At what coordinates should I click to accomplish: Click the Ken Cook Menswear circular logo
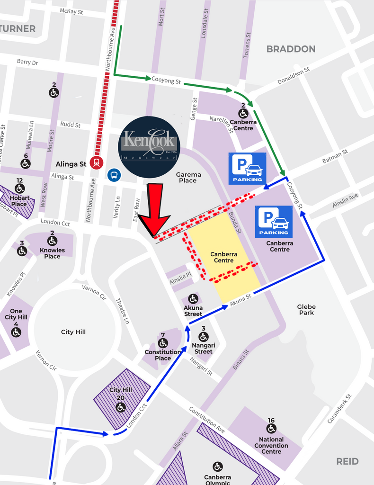coord(150,147)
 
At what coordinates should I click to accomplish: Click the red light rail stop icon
coord(97,163)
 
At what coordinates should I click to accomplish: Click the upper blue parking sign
coord(247,168)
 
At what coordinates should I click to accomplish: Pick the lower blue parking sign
coord(274,221)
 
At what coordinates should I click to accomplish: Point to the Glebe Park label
coord(306,309)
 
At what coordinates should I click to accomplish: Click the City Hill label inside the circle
coord(73,332)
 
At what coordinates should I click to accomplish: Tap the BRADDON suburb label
coord(291,49)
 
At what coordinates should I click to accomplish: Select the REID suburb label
coord(347,461)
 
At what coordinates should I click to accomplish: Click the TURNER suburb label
coord(18,28)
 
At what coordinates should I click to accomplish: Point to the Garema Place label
coord(188,177)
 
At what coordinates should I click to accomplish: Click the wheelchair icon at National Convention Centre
coord(271,429)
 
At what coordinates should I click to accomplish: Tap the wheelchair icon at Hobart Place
coord(19,189)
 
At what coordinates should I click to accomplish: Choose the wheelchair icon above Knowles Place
coord(52,241)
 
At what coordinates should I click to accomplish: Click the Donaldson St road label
coord(294,75)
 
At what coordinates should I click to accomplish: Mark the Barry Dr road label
coord(27,62)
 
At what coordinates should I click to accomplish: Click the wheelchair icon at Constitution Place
coord(163,343)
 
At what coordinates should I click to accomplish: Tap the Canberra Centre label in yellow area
coord(223,257)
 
